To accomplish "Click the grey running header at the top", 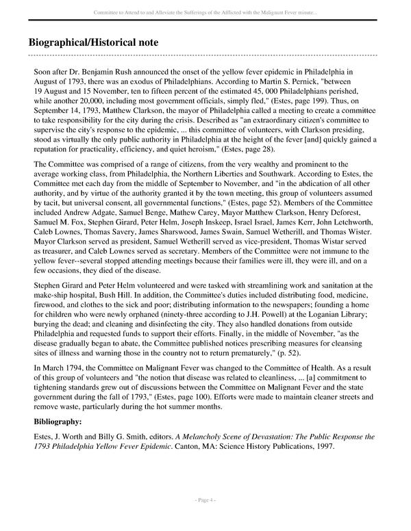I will click(x=205, y=10).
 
